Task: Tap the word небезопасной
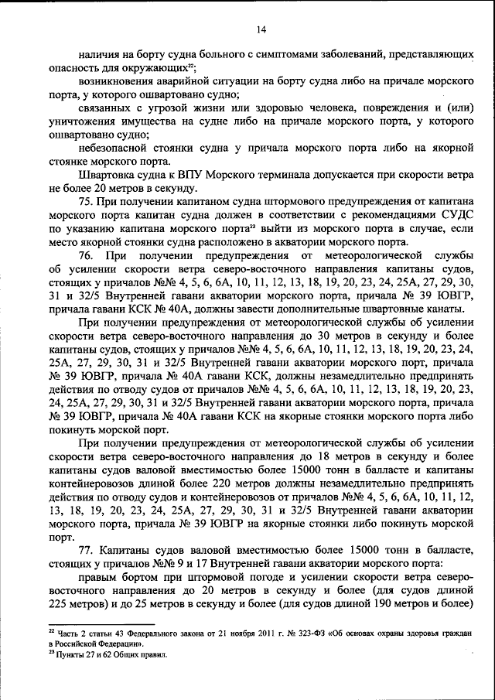coord(118,149)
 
